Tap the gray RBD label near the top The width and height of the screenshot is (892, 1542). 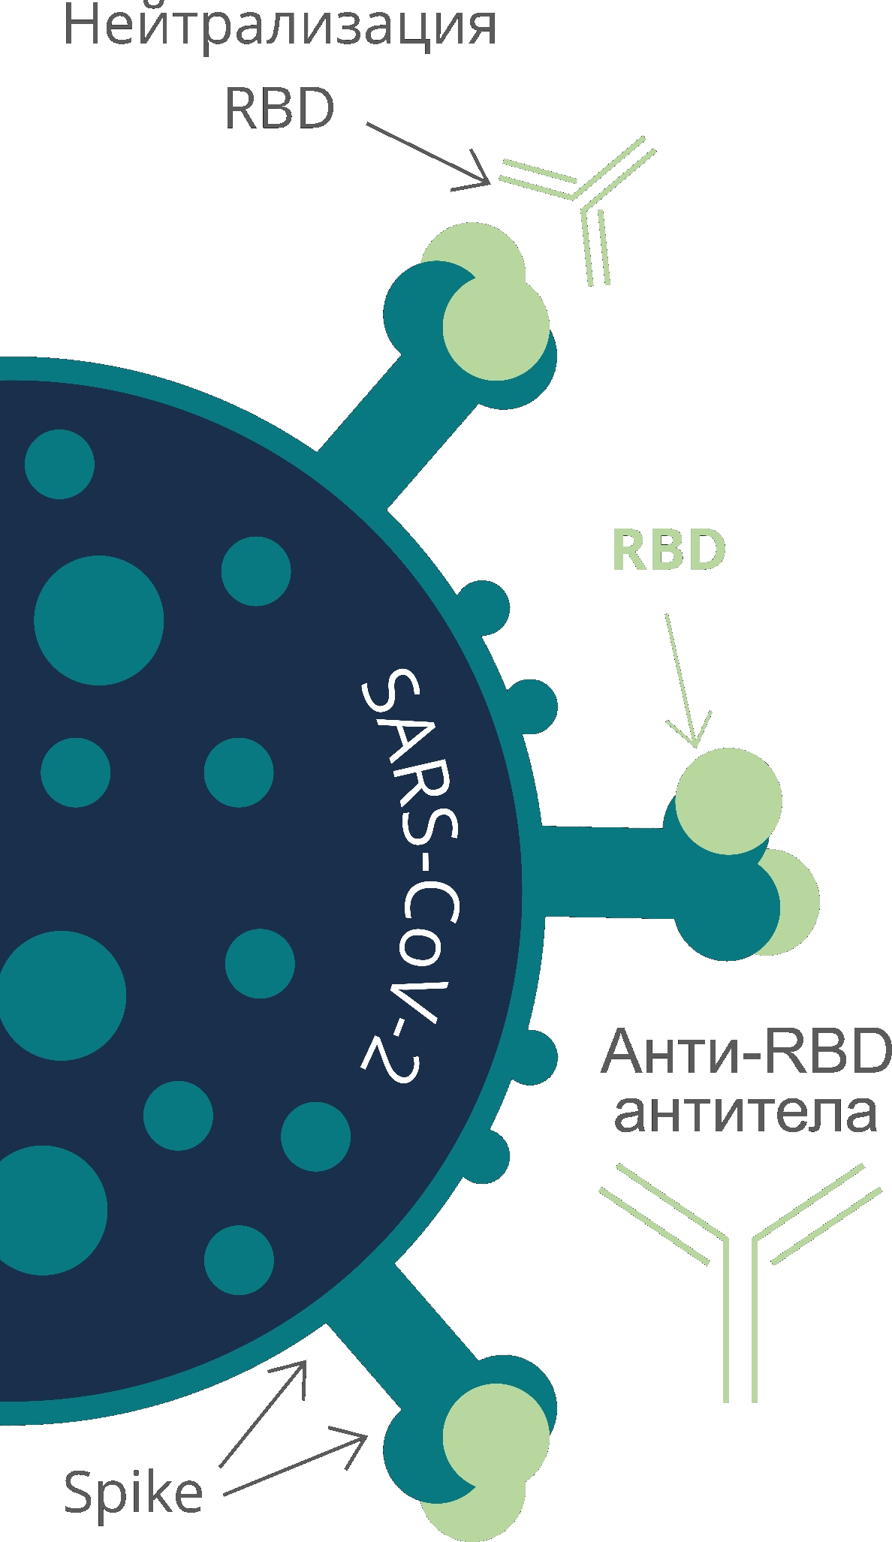click(279, 109)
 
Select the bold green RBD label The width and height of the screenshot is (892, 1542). click(668, 550)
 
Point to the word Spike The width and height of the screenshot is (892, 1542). click(134, 1492)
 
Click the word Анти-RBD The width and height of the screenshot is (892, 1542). click(746, 1051)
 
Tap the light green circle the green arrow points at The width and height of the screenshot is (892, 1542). click(728, 800)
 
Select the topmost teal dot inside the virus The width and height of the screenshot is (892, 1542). click(59, 464)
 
